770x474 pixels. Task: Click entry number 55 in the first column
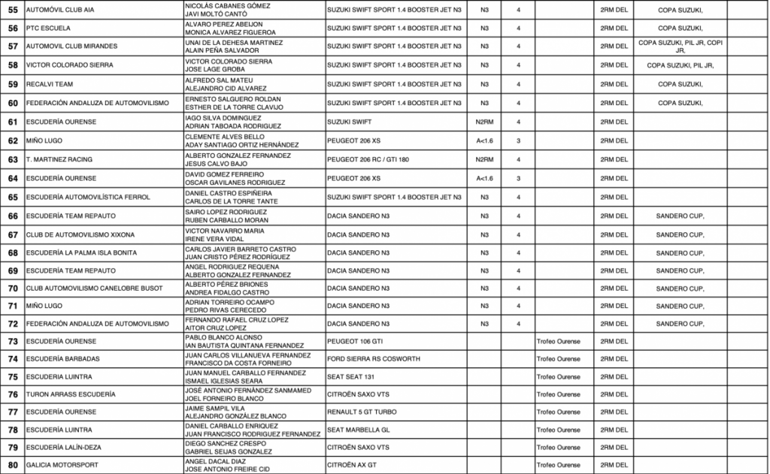pyautogui.click(x=12, y=9)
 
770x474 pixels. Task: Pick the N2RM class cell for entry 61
pyautogui.click(x=484, y=122)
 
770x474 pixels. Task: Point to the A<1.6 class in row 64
pyautogui.click(x=484, y=178)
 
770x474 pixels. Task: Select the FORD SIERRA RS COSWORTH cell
pyautogui.click(x=374, y=359)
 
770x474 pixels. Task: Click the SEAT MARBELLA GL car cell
pyautogui.click(x=358, y=430)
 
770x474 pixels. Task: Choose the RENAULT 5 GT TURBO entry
pyautogui.click(x=362, y=412)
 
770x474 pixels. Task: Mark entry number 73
pyautogui.click(x=12, y=341)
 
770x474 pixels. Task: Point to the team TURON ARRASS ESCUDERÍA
pyautogui.click(x=71, y=394)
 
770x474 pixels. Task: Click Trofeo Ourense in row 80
pyautogui.click(x=558, y=465)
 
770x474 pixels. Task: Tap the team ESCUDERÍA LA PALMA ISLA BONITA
pyautogui.click(x=81, y=253)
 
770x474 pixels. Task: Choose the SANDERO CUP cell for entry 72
pyautogui.click(x=680, y=324)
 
